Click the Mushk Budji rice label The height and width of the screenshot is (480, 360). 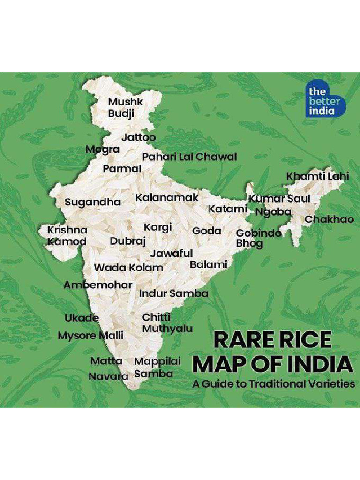coord(125,107)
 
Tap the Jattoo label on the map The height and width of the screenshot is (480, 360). coord(138,138)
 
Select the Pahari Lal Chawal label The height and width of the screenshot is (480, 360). coord(189,157)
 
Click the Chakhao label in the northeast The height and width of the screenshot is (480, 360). coord(329,219)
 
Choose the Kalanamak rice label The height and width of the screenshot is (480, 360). coord(167,198)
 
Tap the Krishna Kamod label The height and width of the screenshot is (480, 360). coord(67,236)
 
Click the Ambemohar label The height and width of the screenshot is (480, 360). coord(97,285)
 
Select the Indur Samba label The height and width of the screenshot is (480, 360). coord(173,293)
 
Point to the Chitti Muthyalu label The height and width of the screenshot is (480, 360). coord(167,323)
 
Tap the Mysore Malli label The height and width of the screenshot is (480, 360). coord(90,336)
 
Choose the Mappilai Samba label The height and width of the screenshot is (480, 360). coord(157,367)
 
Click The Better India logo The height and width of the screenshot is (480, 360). coord(325,100)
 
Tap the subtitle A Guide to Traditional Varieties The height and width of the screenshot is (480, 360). coord(273,384)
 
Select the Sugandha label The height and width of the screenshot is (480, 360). coord(92,202)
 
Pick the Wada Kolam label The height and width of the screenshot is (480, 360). coord(128,268)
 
